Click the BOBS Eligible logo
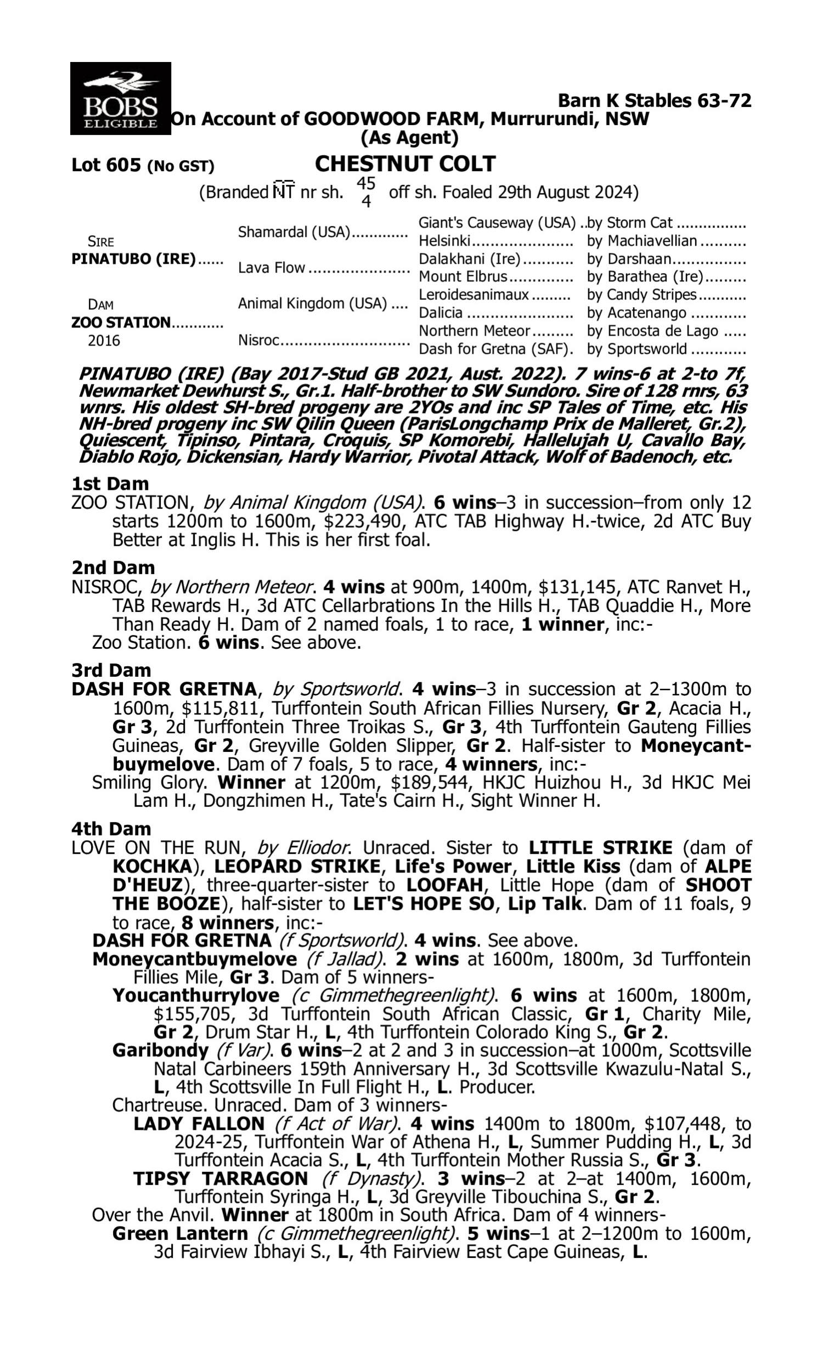click(120, 99)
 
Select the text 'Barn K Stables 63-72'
click(655, 101)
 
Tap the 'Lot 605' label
click(106, 165)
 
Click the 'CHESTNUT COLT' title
click(405, 164)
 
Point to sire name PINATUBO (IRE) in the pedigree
click(133, 259)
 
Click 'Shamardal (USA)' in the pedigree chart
click(294, 232)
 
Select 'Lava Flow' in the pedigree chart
click(272, 268)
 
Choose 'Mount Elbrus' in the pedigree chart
click(463, 276)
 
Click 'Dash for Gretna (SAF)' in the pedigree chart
click(495, 349)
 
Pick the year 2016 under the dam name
click(104, 341)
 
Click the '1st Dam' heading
click(110, 484)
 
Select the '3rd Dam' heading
click(111, 671)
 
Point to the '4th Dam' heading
click(111, 829)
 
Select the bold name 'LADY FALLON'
click(199, 1124)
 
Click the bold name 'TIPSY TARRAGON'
click(220, 1179)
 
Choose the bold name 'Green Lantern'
click(179, 1233)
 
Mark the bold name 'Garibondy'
click(160, 1050)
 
